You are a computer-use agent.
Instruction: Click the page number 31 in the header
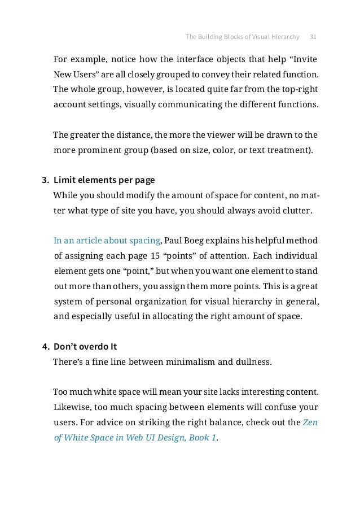point(313,37)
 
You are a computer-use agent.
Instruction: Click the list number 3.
point(45,181)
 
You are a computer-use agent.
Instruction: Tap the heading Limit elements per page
point(104,181)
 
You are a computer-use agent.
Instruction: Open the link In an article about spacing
point(107,241)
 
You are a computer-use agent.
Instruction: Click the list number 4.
point(45,346)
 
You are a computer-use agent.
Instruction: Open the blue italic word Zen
point(310,421)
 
